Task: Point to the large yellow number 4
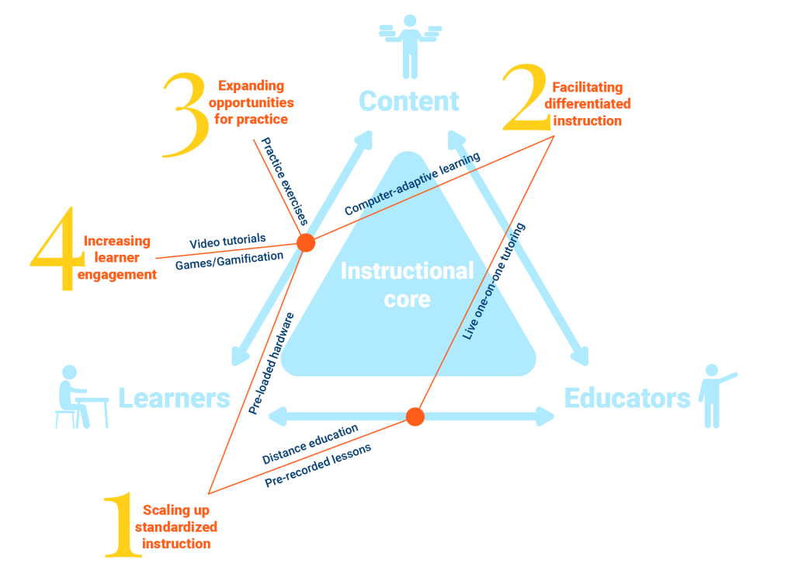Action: coord(57,249)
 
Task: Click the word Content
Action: coord(408,101)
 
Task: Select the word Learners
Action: coord(174,398)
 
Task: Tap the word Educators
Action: coord(627,398)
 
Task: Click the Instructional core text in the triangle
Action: coord(407,284)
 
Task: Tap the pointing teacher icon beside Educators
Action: coord(715,395)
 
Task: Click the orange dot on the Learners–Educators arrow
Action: coord(415,416)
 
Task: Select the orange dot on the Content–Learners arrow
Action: coord(306,243)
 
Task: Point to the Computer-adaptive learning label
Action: coord(412,183)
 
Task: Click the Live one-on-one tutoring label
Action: coord(494,281)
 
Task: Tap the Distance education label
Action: coord(310,444)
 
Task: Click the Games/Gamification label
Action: coord(229,261)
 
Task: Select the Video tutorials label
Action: coord(227,242)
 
